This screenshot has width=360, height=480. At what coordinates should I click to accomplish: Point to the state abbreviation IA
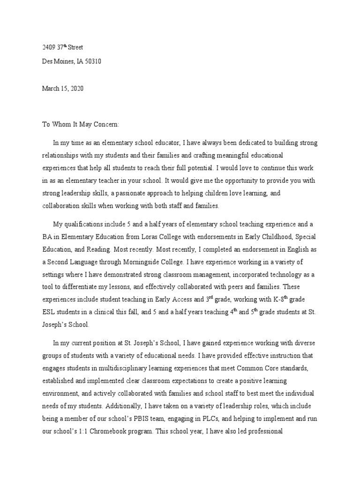tap(76, 61)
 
